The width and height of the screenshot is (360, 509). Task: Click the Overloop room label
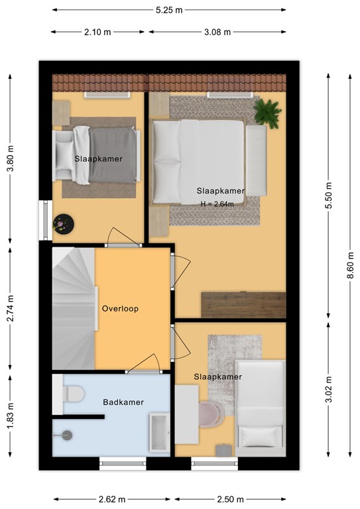120,308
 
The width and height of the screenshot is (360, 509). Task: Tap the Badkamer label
123,402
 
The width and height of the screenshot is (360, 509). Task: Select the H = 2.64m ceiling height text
217,204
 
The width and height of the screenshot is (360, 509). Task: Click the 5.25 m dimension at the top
169,10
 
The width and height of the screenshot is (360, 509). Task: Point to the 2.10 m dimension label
97,32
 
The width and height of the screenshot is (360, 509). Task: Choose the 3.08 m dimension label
217,32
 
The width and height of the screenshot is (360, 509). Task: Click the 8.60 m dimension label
350,265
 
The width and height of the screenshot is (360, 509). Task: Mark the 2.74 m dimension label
11,308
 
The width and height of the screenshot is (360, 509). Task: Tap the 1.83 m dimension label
11,416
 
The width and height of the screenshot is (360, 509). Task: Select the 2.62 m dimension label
112,499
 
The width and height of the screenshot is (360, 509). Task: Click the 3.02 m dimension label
329,389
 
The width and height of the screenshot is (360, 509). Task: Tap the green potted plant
267,113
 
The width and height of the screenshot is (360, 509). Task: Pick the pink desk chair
211,414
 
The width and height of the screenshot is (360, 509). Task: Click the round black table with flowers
64,223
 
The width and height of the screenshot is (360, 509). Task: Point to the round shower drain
67,435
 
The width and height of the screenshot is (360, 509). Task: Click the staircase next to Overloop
74,308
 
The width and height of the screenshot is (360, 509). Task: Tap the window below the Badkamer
123,463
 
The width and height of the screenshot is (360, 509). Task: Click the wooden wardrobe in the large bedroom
243,305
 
